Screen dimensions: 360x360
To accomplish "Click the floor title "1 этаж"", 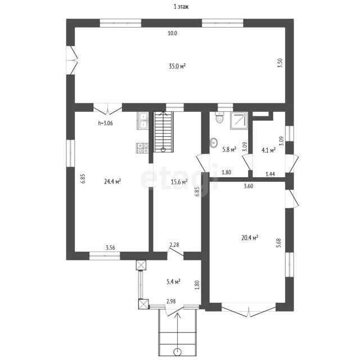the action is click(181, 7).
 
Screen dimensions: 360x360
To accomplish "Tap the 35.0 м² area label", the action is click(177, 66).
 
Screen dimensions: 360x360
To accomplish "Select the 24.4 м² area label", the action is click(112, 182).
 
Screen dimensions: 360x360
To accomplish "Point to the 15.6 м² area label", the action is click(179, 182).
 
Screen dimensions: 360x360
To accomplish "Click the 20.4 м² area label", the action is click(250, 237).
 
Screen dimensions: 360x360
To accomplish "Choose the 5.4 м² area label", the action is click(173, 281).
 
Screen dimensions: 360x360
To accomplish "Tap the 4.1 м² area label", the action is click(269, 150).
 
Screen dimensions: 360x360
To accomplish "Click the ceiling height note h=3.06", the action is click(105, 123).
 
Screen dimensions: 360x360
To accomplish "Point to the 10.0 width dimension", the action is click(173, 33).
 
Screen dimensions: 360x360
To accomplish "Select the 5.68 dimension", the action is click(279, 243).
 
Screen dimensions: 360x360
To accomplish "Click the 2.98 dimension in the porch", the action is click(171, 301).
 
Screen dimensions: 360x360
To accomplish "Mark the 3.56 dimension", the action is click(110, 247).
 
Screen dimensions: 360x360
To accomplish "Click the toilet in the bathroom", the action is click(219, 118).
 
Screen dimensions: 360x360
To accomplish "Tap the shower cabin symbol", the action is click(239, 121).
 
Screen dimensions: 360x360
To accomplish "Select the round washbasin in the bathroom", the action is click(214, 143).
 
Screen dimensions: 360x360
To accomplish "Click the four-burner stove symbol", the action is click(142, 148).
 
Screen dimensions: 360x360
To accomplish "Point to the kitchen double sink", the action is click(143, 121).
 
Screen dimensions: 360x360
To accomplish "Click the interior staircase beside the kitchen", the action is click(163, 132).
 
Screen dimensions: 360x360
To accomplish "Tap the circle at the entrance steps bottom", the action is click(177, 352).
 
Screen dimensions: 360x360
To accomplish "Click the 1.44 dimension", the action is click(270, 174).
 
